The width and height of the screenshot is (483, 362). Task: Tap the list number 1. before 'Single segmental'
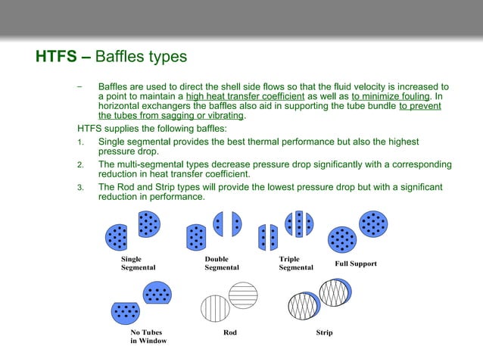(80, 142)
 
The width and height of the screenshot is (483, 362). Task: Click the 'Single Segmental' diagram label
(138, 263)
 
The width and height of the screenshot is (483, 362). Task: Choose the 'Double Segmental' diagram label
(221, 263)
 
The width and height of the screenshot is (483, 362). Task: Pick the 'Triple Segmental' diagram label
(295, 263)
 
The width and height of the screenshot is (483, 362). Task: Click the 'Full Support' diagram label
(355, 264)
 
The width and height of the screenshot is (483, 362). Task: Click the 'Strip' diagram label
(324, 332)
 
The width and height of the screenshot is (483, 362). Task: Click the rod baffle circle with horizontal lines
(243, 294)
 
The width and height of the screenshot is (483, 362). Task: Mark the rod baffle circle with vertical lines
(215, 309)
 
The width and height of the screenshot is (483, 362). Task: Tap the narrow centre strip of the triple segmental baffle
(299, 223)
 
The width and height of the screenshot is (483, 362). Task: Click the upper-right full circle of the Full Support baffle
(372, 223)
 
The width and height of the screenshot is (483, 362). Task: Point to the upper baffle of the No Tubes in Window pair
(157, 292)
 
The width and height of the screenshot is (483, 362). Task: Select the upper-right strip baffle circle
(335, 292)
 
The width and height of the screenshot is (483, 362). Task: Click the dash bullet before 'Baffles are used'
(79, 86)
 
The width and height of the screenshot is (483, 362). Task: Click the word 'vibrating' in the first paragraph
(226, 116)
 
